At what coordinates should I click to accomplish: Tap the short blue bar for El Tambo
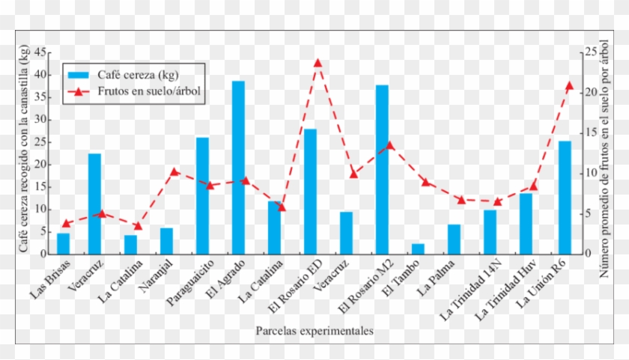click(x=418, y=248)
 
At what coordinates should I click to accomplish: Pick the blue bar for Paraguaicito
click(x=202, y=195)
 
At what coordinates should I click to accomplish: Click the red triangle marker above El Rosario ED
click(x=317, y=63)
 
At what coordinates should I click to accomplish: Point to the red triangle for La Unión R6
click(x=569, y=85)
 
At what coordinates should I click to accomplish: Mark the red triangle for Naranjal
click(x=174, y=171)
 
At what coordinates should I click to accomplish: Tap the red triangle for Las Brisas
click(x=66, y=223)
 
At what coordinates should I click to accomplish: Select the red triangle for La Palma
click(x=461, y=199)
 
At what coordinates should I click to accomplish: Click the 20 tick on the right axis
click(x=591, y=92)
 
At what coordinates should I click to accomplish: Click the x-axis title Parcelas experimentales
click(x=314, y=330)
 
